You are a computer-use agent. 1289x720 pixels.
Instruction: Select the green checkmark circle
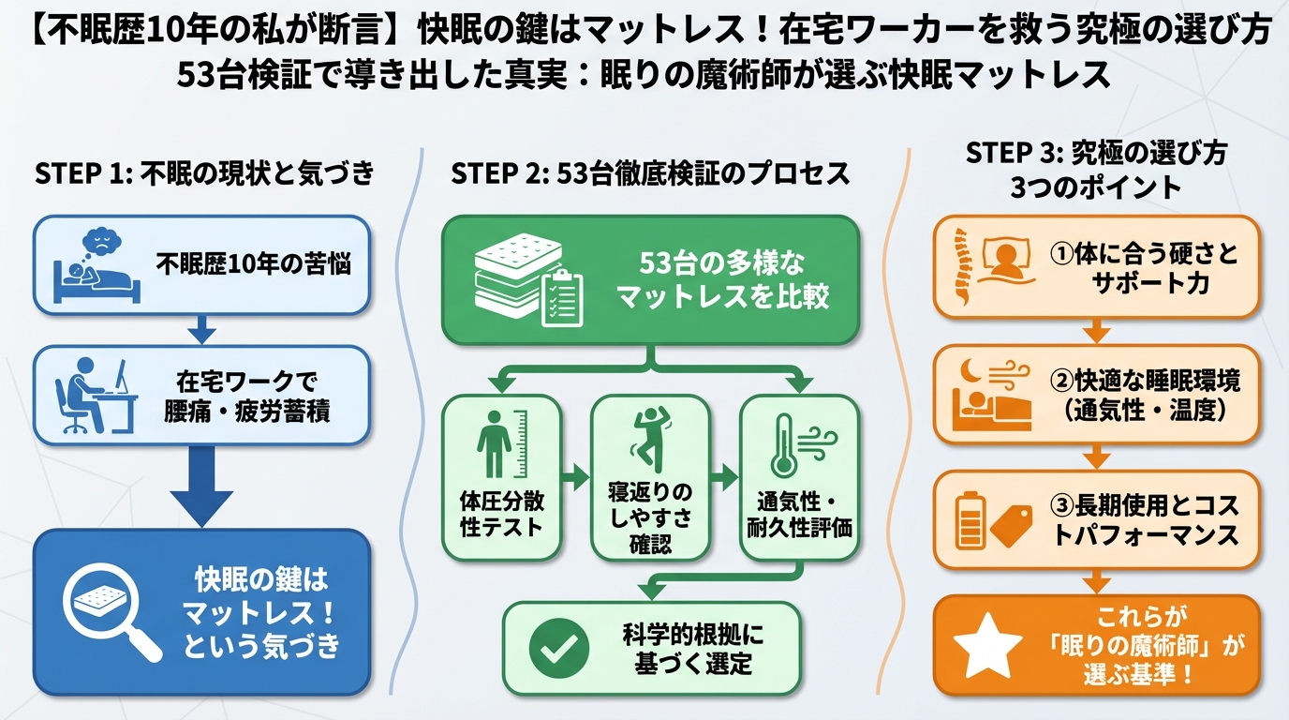point(558,649)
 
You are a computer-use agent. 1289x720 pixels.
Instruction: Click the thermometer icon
point(784,445)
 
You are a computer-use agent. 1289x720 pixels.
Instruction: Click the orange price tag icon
point(1012,526)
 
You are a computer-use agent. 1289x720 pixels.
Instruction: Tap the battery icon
point(970,520)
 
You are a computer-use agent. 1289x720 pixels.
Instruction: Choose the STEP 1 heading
point(204,172)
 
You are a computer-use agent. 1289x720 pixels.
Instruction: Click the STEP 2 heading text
point(650,172)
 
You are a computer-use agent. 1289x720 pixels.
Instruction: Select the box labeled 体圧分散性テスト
point(501,477)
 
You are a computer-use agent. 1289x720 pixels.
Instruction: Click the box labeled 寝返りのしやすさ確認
point(650,477)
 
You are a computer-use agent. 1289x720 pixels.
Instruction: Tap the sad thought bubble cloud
point(101,246)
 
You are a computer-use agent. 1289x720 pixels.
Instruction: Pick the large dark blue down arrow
point(201,487)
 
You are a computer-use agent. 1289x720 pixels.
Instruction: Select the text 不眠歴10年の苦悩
point(253,264)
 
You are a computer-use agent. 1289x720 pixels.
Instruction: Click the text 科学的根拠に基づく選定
point(693,649)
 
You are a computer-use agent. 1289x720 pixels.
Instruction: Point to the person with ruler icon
point(501,443)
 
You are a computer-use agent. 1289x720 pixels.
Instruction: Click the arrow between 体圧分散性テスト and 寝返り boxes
point(576,477)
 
